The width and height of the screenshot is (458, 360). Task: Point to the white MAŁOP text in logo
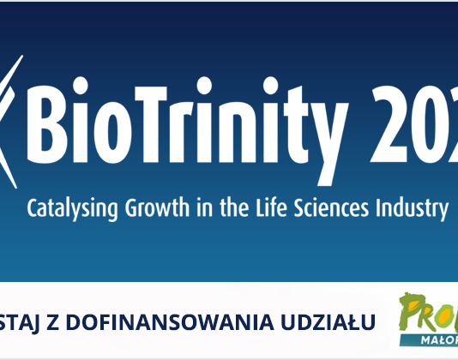click(x=440, y=337)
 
